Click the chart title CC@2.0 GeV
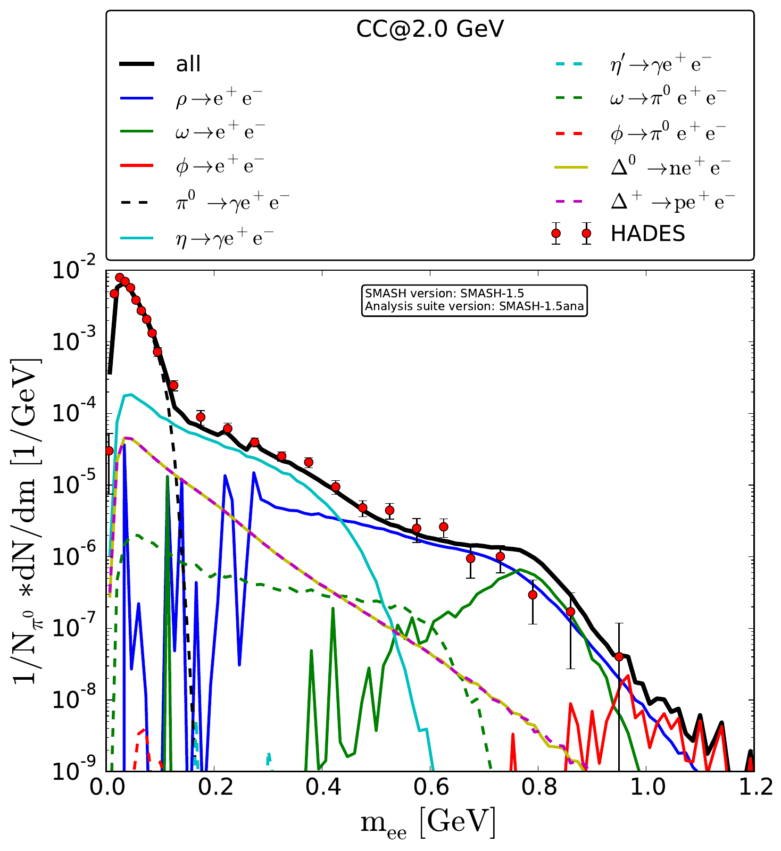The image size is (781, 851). click(x=429, y=30)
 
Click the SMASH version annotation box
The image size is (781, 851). click(x=475, y=301)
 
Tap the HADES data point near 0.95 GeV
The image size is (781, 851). click(x=619, y=657)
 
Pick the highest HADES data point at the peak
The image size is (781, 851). click(x=120, y=278)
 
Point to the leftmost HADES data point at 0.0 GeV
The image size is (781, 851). click(x=109, y=450)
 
